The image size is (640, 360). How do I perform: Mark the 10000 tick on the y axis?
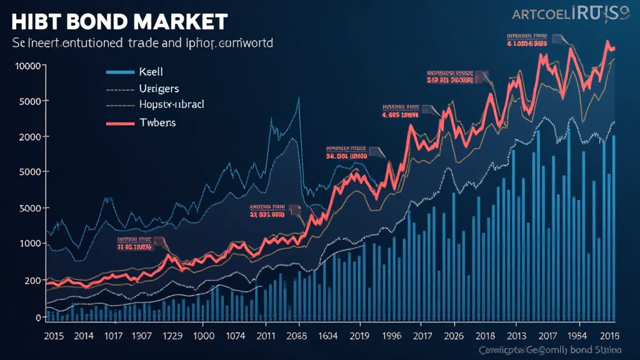(29, 66)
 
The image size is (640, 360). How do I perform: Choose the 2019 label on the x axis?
(359, 335)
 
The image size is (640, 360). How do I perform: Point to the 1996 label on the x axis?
(391, 335)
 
